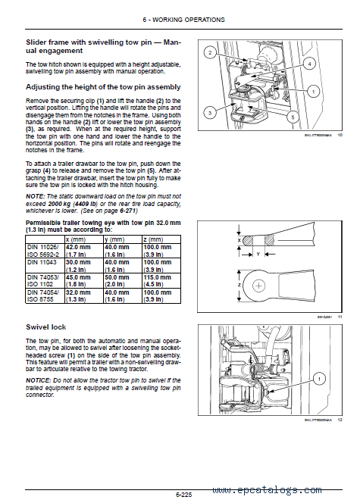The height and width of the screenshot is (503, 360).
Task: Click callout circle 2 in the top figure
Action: click(x=210, y=52)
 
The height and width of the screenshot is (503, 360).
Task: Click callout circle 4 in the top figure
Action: click(x=309, y=64)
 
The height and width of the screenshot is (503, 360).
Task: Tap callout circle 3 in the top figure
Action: click(x=210, y=113)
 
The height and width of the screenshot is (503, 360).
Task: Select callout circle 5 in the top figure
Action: click(x=293, y=117)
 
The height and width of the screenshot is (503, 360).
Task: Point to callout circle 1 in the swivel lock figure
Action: click(x=319, y=380)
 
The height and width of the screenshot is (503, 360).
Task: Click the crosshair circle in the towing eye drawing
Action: click(x=259, y=286)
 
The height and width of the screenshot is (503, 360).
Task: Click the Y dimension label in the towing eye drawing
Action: click(x=258, y=255)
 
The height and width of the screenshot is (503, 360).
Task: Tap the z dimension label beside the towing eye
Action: click(x=239, y=285)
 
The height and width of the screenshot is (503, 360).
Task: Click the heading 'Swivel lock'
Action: click(x=46, y=327)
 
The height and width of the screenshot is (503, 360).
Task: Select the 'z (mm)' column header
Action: click(x=153, y=239)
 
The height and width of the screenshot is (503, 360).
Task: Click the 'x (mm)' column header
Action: click(x=76, y=239)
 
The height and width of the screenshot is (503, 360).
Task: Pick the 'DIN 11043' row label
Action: click(x=42, y=262)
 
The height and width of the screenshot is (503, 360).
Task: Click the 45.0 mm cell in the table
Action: click(x=78, y=277)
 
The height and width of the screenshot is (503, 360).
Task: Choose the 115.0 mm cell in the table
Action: click(x=157, y=277)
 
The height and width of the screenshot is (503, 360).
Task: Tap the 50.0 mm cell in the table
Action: click(x=117, y=277)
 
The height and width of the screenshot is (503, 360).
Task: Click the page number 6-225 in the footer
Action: click(x=184, y=495)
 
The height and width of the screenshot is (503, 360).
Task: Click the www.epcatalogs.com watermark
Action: click(x=267, y=490)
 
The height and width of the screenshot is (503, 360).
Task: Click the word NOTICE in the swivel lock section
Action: click(x=38, y=380)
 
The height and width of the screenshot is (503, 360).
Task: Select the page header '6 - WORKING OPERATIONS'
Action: click(x=183, y=20)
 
